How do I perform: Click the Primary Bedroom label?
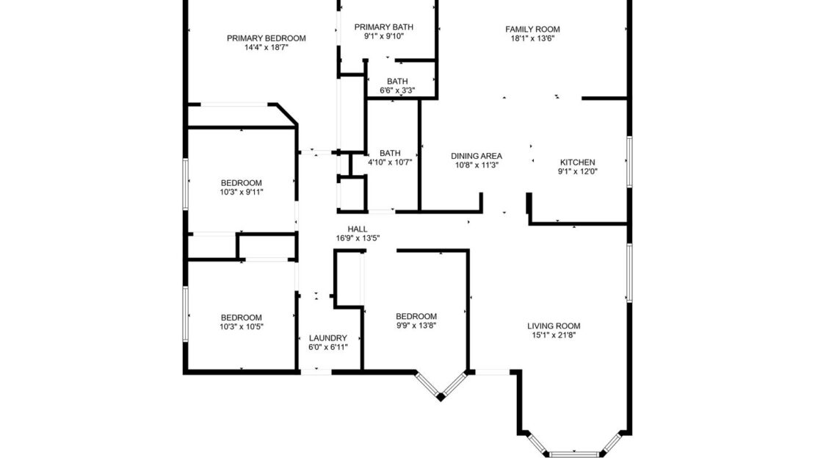click(x=266, y=38)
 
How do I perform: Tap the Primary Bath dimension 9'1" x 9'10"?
click(x=383, y=37)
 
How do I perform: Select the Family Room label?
click(x=532, y=29)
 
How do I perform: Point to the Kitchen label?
click(x=577, y=162)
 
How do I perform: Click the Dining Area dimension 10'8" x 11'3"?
click(x=476, y=165)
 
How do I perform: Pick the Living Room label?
click(x=554, y=326)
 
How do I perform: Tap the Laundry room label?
click(x=328, y=337)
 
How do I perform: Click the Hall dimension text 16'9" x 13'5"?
click(x=358, y=238)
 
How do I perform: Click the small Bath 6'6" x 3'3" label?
click(x=397, y=86)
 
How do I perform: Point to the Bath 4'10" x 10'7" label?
click(x=390, y=158)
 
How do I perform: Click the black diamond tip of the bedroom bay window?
click(x=441, y=398)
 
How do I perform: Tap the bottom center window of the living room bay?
click(x=574, y=454)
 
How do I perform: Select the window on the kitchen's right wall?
click(x=629, y=162)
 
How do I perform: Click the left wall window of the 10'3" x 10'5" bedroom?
click(x=185, y=314)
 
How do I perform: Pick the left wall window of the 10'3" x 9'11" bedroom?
click(x=185, y=185)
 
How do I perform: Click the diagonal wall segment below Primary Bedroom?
click(x=286, y=114)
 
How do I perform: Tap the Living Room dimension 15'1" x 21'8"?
click(x=554, y=335)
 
